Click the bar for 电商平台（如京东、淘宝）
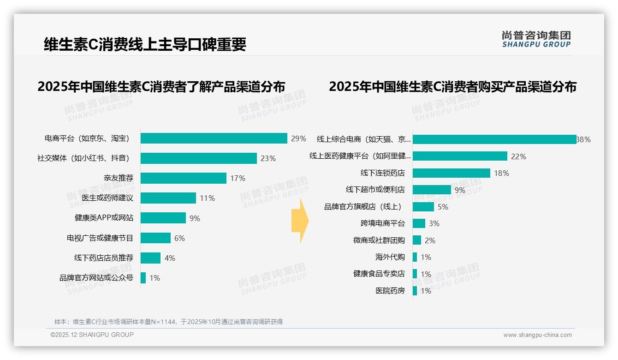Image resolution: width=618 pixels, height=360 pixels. point(214,138)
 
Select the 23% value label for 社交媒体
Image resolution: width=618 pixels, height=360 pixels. point(268,158)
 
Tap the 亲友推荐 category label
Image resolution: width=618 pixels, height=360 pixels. point(118,178)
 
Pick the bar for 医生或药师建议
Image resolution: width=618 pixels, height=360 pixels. point(168,198)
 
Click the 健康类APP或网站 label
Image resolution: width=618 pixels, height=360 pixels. point(104,218)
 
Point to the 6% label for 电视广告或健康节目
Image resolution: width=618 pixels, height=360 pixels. point(179,238)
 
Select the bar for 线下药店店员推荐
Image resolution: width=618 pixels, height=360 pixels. point(151,258)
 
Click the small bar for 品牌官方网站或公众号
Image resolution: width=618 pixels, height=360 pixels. point(143,278)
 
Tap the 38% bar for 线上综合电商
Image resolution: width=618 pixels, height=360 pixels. point(494,139)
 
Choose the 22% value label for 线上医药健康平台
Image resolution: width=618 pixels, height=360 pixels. point(518,156)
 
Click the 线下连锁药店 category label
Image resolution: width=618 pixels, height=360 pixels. point(382,173)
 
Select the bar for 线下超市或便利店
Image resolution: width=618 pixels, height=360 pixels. point(432,190)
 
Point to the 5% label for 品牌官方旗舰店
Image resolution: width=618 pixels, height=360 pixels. point(443,207)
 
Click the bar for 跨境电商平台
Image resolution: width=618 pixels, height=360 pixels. point(419,223)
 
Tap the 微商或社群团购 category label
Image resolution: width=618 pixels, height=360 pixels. point(379,240)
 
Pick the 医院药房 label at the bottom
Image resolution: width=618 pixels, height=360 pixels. point(390,291)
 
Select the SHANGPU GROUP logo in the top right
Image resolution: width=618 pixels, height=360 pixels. point(536,39)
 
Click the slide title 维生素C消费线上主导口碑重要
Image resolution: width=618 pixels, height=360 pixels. point(145,44)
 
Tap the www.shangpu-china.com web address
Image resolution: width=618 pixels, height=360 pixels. point(537,335)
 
